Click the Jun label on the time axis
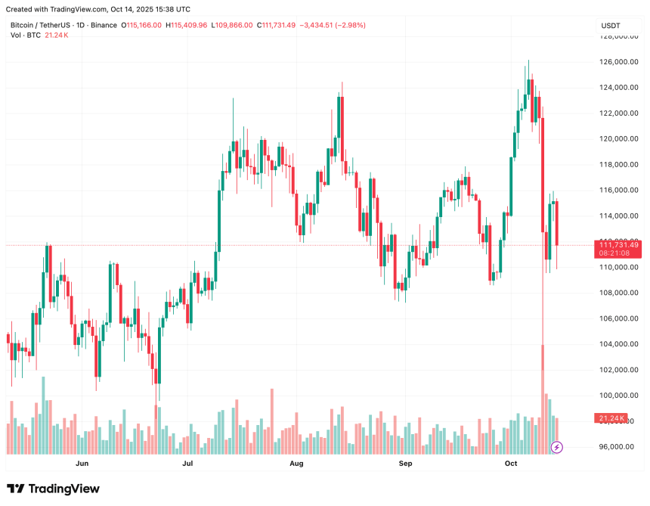[x=82, y=463]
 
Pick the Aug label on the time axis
[x=296, y=463]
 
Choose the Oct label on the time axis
[x=510, y=463]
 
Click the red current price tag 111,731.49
[x=619, y=245]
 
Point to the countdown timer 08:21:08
[x=615, y=254]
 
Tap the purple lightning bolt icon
[x=557, y=447]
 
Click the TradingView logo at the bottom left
[x=53, y=489]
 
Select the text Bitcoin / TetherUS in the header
[x=38, y=25]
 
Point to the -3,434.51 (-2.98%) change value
[x=333, y=25]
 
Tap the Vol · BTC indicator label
[x=24, y=36]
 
